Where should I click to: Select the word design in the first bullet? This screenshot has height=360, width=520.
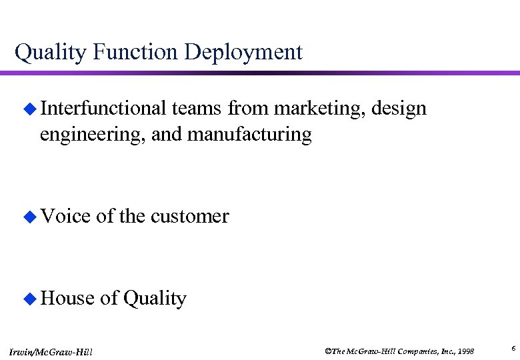pyautogui.click(x=399, y=109)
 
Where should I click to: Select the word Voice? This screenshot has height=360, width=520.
pyautogui.click(x=65, y=216)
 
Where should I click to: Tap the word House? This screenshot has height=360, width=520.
pyautogui.click(x=67, y=298)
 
